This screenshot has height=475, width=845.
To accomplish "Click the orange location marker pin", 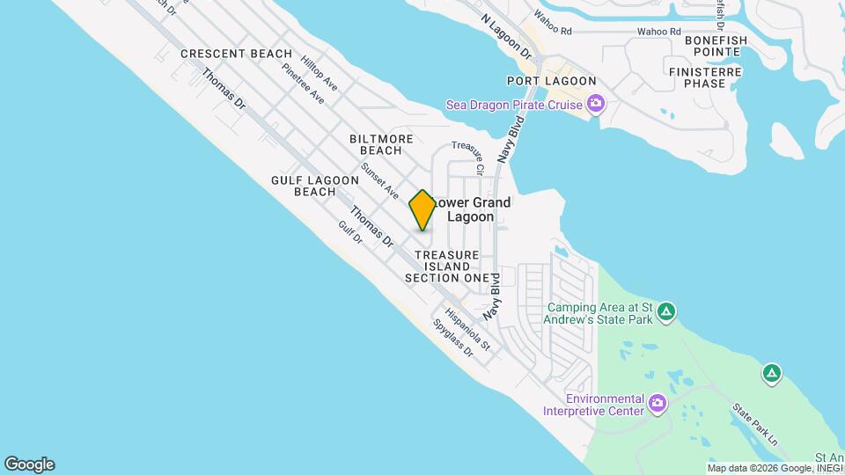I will [422, 210].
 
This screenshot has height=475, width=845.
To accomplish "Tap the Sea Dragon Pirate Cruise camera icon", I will [596, 106].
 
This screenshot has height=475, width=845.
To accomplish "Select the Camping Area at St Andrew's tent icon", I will [667, 311].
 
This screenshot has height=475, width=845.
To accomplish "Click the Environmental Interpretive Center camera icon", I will [657, 404].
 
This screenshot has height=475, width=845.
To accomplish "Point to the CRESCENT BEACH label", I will [236, 54].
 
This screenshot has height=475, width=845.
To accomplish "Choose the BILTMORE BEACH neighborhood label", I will [381, 145].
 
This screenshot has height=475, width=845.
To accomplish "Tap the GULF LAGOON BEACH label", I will [315, 186].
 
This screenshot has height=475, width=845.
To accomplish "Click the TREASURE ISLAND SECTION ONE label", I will [446, 267].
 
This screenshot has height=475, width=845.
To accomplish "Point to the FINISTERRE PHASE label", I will [709, 77].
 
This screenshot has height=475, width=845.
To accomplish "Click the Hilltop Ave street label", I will [319, 73].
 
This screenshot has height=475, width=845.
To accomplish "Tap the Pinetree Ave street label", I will [303, 84].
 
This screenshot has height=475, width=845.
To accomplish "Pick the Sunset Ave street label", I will [380, 180].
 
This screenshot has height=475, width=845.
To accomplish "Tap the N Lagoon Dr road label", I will [508, 37].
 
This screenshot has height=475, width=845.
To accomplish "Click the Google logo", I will [29, 464].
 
